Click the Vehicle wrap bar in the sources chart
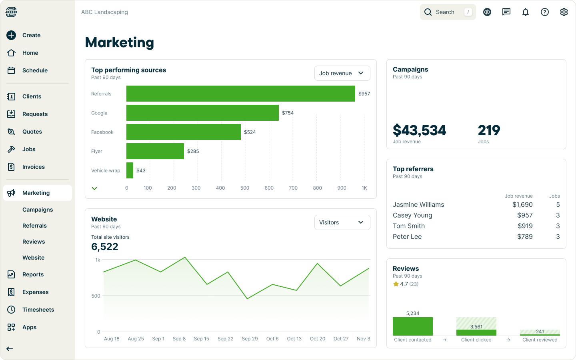pyautogui.click(x=130, y=170)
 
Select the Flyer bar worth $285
pyautogui.click(x=155, y=151)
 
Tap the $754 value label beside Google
pyautogui.click(x=288, y=113)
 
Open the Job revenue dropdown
pyautogui.click(x=342, y=73)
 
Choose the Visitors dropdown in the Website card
pyautogui.click(x=342, y=222)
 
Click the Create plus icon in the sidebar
pyautogui.click(x=11, y=35)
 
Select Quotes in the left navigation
pyautogui.click(x=32, y=132)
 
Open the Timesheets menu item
pyautogui.click(x=38, y=310)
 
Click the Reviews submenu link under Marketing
pyautogui.click(x=34, y=242)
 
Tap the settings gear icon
pyautogui.click(x=564, y=12)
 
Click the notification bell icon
pyautogui.click(x=526, y=12)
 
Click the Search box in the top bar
pyautogui.click(x=448, y=12)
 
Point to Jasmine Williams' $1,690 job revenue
pyautogui.click(x=522, y=204)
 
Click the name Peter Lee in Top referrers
pyautogui.click(x=407, y=236)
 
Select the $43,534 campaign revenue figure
pyautogui.click(x=419, y=130)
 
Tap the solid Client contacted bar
pyautogui.click(x=413, y=326)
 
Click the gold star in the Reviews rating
pyautogui.click(x=396, y=284)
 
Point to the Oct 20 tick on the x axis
pyautogui.click(x=318, y=338)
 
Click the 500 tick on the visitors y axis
pyautogui.click(x=96, y=296)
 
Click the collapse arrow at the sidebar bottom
pyautogui.click(x=10, y=349)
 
